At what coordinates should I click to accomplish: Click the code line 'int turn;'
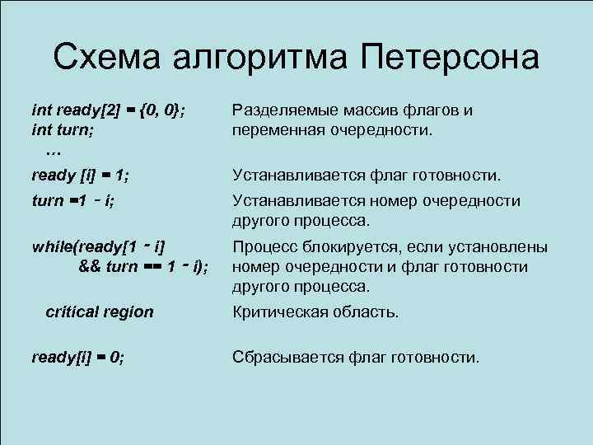(x=62, y=130)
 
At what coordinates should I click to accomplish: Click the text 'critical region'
(x=100, y=312)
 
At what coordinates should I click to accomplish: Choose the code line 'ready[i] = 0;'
(x=77, y=357)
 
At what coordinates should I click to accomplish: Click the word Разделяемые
(x=279, y=110)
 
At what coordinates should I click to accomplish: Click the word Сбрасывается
(x=284, y=357)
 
